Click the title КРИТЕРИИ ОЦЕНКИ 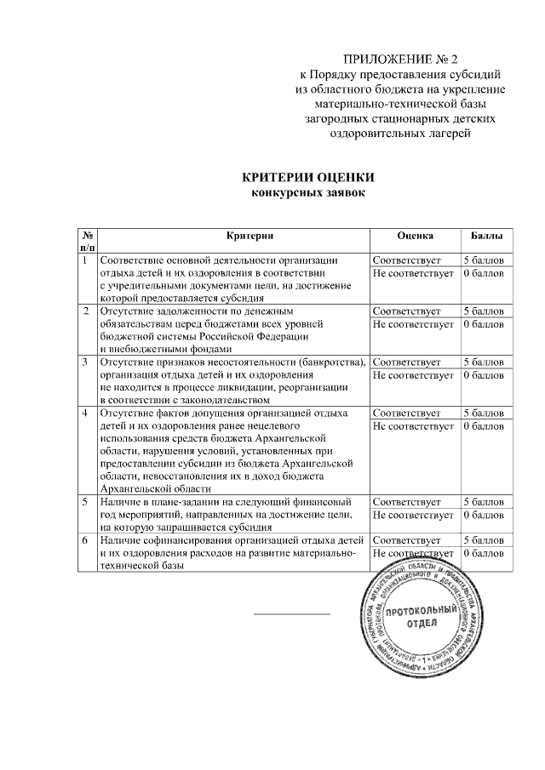click(307, 178)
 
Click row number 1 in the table click(86, 260)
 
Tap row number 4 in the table click(86, 413)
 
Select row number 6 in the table click(86, 540)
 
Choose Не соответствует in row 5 click(413, 515)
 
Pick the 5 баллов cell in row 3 click(485, 362)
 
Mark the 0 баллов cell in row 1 click(485, 273)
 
